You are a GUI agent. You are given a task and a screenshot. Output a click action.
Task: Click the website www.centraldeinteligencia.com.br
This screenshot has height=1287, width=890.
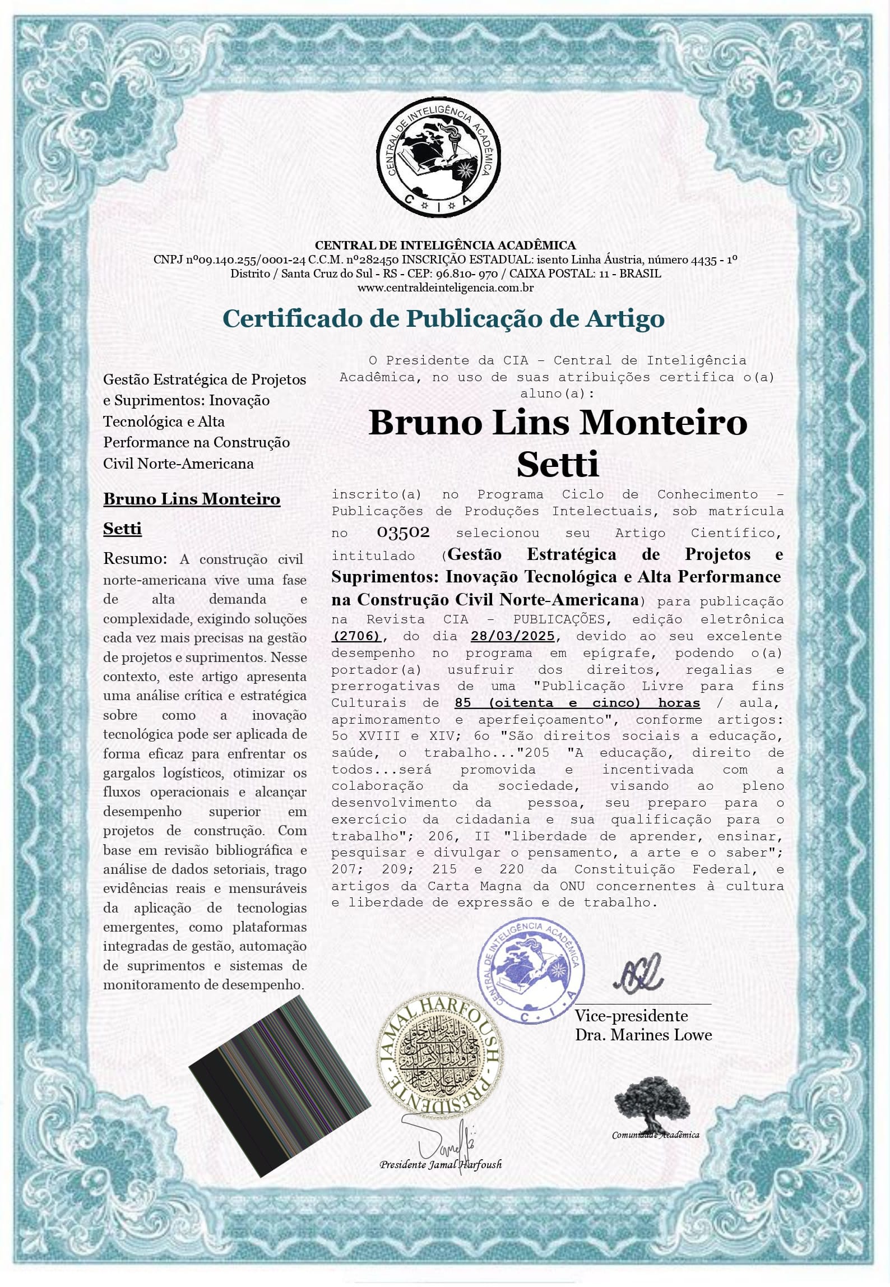(445, 288)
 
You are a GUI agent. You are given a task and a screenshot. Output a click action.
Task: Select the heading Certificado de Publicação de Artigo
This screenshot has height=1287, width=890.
(444, 319)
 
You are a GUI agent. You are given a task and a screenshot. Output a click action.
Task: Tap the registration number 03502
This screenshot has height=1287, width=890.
(403, 532)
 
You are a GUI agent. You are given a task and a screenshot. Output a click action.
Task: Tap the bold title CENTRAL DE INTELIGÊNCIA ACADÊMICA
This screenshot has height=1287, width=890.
(445, 245)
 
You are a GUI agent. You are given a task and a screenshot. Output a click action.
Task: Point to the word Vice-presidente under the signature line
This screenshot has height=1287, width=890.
(631, 1016)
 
